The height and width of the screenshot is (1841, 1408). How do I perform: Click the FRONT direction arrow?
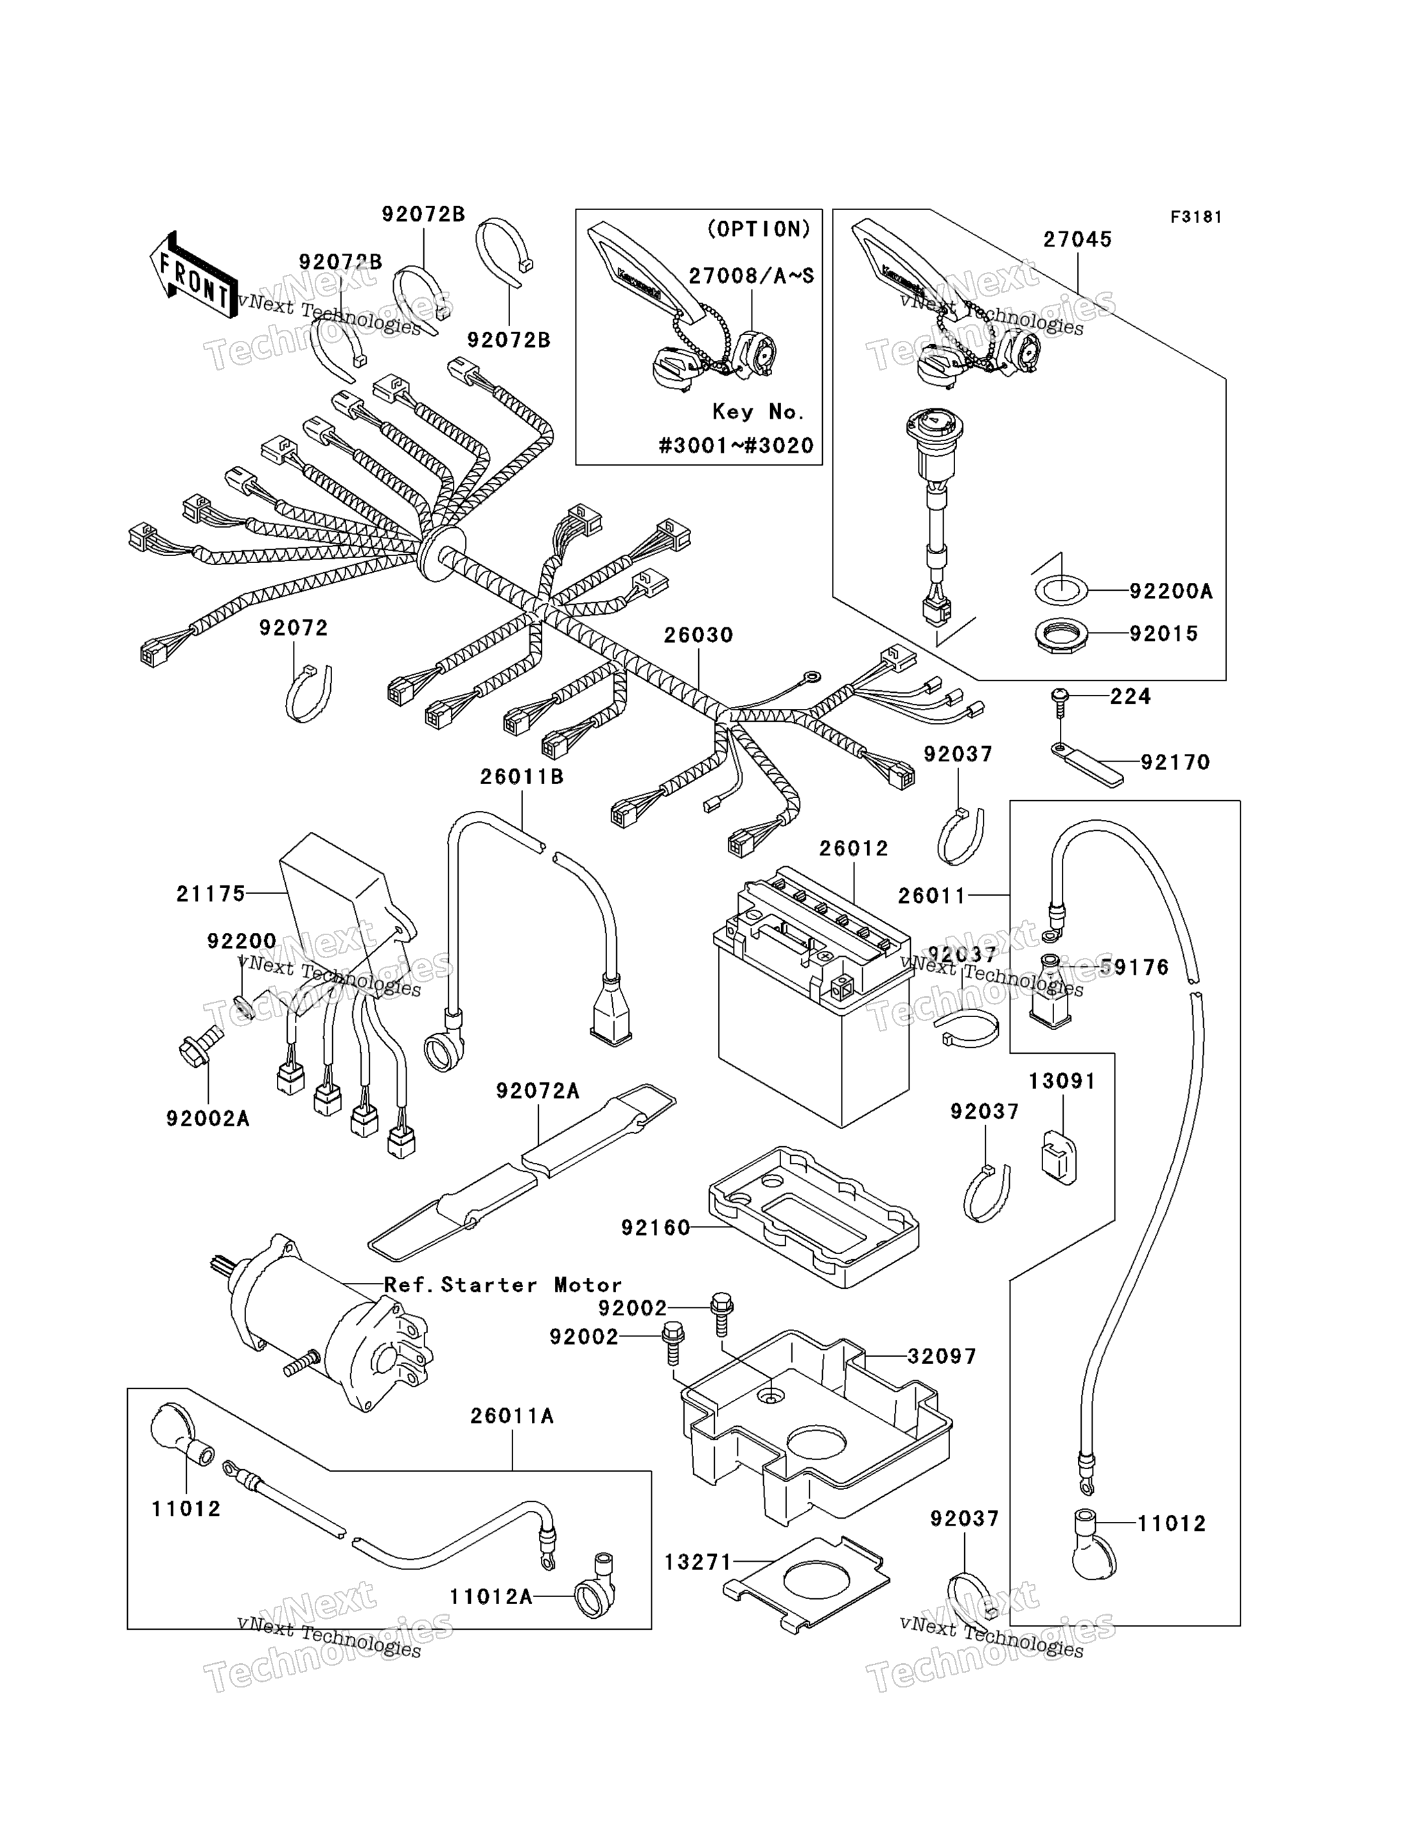coord(193,277)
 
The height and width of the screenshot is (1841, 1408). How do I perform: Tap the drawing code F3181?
coord(1196,217)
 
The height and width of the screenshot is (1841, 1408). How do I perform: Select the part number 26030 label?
coord(698,635)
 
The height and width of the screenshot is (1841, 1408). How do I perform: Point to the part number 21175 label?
coord(210,893)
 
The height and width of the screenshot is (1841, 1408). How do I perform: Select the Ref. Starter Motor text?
coord(503,1285)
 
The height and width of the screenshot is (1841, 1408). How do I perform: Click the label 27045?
coord(1077,240)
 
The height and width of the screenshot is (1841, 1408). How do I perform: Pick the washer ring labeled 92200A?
coord(1061,591)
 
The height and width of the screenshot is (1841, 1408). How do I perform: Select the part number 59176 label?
coord(1133,968)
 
